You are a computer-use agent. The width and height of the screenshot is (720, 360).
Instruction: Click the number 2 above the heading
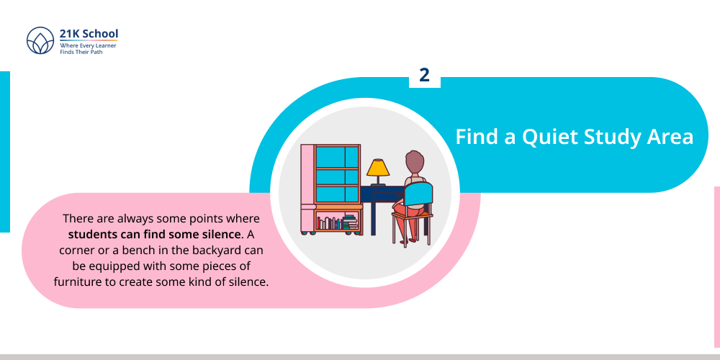pyautogui.click(x=424, y=75)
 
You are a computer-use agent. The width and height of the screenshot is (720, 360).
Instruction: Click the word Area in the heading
pyautogui.click(x=670, y=136)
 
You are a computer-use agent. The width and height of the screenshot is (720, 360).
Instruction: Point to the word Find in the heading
pyautogui.click(x=478, y=136)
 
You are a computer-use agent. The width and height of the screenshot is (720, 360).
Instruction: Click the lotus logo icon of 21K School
pyautogui.click(x=40, y=41)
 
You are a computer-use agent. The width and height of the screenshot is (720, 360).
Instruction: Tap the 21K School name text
pyautogui.click(x=89, y=34)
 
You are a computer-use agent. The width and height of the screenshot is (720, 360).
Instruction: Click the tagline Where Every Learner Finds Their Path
pyautogui.click(x=88, y=48)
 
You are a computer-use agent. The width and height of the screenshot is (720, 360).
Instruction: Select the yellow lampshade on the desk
pyautogui.click(x=377, y=168)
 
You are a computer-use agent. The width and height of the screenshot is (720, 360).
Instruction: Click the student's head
pyautogui.click(x=414, y=161)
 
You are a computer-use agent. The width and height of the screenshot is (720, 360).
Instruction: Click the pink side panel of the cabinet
pyautogui.click(x=307, y=187)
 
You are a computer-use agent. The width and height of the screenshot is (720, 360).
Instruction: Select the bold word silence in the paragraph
pyautogui.click(x=217, y=233)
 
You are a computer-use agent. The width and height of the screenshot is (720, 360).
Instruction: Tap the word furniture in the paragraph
pyautogui.click(x=79, y=281)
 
